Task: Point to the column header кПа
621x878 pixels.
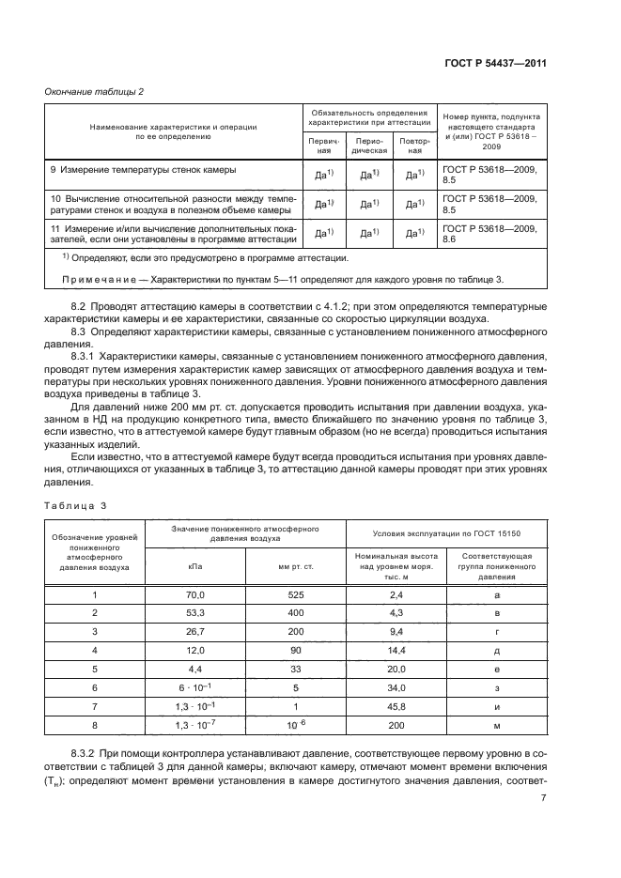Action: pos(194,566)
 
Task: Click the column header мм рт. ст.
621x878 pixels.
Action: pos(296,566)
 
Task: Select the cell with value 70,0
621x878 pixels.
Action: pos(194,595)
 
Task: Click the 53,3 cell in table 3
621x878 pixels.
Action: pos(194,613)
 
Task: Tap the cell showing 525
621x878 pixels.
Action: pos(296,595)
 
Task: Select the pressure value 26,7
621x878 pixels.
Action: pos(194,632)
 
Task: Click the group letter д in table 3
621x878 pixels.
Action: pos(495,650)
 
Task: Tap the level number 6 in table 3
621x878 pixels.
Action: pos(94,686)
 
